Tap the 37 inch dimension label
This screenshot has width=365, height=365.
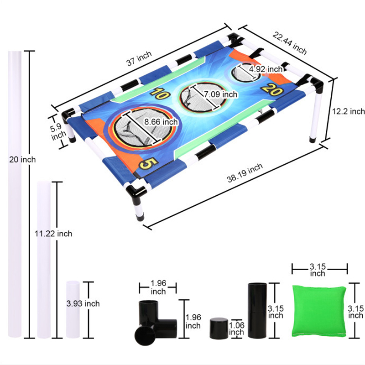click(138, 59)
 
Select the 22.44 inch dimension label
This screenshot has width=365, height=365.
click(290, 42)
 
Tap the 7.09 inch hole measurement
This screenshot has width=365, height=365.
click(220, 94)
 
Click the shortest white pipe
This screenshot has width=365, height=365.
click(73, 309)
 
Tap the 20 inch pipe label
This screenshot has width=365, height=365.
click(22, 159)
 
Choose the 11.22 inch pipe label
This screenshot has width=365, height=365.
click(53, 234)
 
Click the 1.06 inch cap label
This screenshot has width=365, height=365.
click(236, 328)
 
